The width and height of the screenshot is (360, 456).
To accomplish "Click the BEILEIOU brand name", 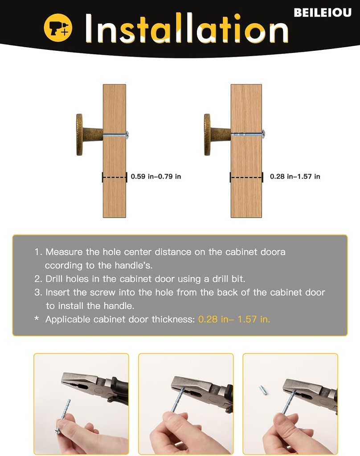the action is (323, 12).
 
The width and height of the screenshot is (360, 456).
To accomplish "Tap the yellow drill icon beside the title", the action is (58, 28).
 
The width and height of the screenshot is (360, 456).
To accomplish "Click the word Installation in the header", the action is (187, 28).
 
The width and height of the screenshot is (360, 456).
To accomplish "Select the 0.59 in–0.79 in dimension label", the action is (155, 176).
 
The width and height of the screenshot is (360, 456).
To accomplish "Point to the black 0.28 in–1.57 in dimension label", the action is (295, 176).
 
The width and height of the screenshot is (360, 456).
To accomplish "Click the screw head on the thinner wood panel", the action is (127, 134).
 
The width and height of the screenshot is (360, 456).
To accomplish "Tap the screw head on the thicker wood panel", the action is (263, 134).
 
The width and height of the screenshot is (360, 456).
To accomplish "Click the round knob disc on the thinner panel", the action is (79, 134).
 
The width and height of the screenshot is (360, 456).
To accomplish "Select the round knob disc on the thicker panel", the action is (207, 134).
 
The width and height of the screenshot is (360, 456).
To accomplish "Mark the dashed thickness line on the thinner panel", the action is (115, 177).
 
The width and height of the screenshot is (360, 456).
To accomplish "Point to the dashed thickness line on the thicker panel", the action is (246, 177).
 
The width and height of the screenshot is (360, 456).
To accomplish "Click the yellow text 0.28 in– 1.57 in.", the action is (234, 319).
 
